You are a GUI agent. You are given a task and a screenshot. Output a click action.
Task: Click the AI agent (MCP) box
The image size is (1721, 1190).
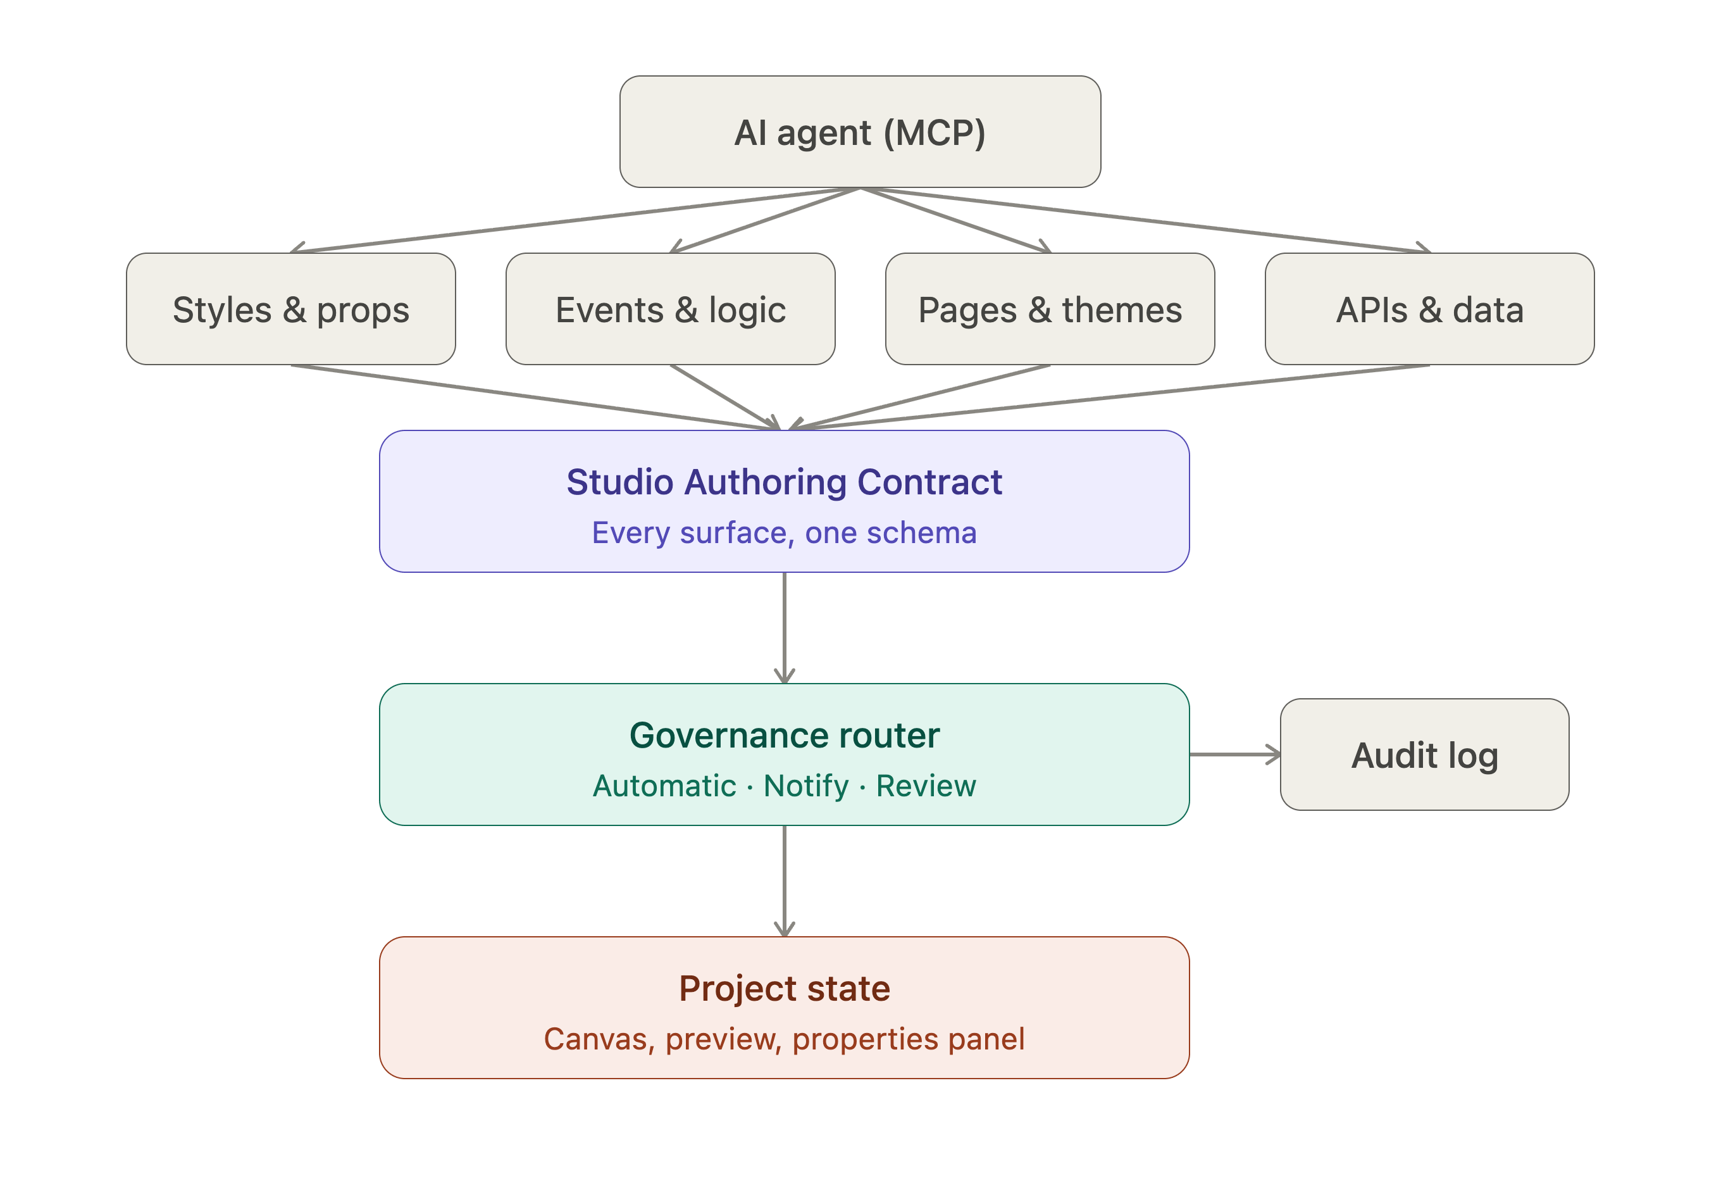pyautogui.click(x=859, y=131)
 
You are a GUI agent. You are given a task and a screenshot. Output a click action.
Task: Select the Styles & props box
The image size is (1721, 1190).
pyautogui.click(x=290, y=309)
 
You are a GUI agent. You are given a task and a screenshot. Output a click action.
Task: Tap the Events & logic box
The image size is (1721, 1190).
pyautogui.click(x=670, y=309)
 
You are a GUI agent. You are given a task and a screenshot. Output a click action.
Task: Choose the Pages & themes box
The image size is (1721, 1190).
pyautogui.click(x=1050, y=309)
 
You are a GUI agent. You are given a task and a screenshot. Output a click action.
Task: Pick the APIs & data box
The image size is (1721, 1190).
pyautogui.click(x=1429, y=309)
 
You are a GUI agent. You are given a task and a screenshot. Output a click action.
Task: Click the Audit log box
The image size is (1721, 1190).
pyautogui.click(x=1424, y=754)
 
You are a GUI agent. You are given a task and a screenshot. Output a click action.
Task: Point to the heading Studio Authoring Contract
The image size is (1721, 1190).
pyautogui.click(x=784, y=482)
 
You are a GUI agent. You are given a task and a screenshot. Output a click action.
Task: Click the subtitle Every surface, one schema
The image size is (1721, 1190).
pyautogui.click(x=784, y=532)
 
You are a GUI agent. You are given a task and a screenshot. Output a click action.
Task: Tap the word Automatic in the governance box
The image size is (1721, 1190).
pyautogui.click(x=664, y=786)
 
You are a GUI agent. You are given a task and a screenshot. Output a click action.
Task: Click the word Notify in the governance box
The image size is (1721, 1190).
pyautogui.click(x=805, y=786)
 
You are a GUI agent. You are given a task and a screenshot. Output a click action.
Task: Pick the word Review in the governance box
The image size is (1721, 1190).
pyautogui.click(x=926, y=786)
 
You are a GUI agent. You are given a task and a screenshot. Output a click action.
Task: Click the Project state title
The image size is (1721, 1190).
pyautogui.click(x=784, y=989)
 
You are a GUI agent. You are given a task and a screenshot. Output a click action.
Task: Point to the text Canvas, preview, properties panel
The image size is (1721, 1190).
pyautogui.click(x=784, y=1039)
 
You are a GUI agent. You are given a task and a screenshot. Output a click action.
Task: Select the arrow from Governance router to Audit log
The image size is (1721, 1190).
pyautogui.click(x=1235, y=755)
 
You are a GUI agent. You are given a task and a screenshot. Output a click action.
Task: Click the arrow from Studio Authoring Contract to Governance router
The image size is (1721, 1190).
pyautogui.click(x=784, y=628)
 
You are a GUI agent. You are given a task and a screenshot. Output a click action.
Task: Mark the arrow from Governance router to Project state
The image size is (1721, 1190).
pyautogui.click(x=784, y=880)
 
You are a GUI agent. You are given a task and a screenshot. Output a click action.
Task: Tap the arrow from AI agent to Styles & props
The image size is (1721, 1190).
pyautogui.click(x=575, y=220)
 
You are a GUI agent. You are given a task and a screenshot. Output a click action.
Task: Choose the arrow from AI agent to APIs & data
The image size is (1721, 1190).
pyautogui.click(x=1145, y=220)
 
